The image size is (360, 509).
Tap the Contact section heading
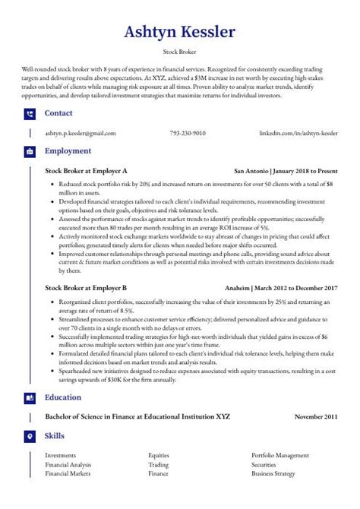click(58, 113)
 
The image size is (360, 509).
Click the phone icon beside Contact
click(30, 114)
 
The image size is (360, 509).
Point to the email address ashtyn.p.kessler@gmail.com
click(81, 133)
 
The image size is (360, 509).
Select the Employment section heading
click(68, 151)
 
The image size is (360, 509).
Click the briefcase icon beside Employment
click(30, 151)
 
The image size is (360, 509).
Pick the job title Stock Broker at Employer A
click(86, 170)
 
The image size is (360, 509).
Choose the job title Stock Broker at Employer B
click(86, 289)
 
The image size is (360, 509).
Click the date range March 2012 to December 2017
click(302, 289)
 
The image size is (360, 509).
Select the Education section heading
click(65, 397)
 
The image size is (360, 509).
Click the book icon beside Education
click(30, 397)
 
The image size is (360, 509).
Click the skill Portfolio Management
click(281, 455)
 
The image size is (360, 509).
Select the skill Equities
click(159, 455)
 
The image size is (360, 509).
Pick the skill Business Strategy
click(273, 473)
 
